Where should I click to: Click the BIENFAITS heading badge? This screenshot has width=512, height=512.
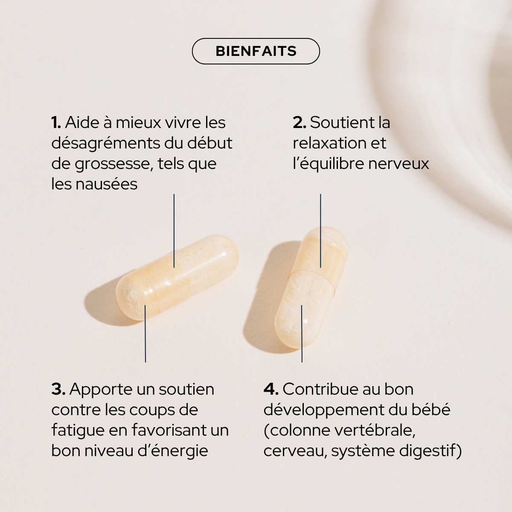tap(256, 51)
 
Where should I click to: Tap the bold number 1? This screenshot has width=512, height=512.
tap(56, 123)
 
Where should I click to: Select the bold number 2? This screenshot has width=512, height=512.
tap(299, 123)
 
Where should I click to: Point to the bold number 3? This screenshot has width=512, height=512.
tap(58, 389)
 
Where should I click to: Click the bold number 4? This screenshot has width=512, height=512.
tap(271, 389)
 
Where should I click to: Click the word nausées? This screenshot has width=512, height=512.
tap(106, 184)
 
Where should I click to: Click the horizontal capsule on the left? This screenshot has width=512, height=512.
tap(177, 277)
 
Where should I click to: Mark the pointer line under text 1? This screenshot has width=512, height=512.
tap(174, 230)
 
